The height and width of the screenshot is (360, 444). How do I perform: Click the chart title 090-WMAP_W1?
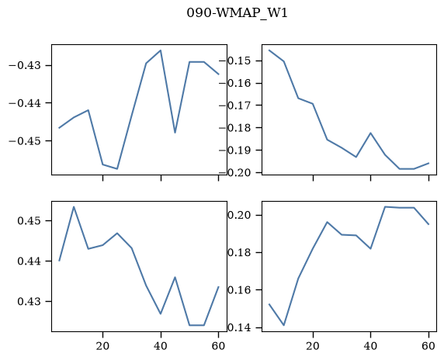coord(237,13)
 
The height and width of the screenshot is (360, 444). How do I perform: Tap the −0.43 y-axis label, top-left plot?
coord(26,65)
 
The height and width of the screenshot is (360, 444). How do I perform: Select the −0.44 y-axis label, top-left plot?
coord(26,103)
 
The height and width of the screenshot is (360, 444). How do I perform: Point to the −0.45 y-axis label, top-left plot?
coord(26,140)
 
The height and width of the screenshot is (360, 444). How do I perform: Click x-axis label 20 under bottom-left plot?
coord(102,346)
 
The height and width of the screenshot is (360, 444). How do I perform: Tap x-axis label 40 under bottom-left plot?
coord(161,346)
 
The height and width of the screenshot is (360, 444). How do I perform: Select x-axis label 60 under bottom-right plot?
coord(428,346)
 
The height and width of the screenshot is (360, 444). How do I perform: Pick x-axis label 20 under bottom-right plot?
coord(313,346)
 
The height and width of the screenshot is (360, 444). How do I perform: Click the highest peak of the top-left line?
coord(161,50)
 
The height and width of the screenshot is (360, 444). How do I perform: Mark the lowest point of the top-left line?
coord(117,168)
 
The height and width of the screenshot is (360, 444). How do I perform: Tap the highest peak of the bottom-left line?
coord(74,207)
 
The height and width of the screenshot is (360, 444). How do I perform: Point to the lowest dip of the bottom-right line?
coord(284,325)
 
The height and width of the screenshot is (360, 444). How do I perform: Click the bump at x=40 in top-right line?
coord(371,133)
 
